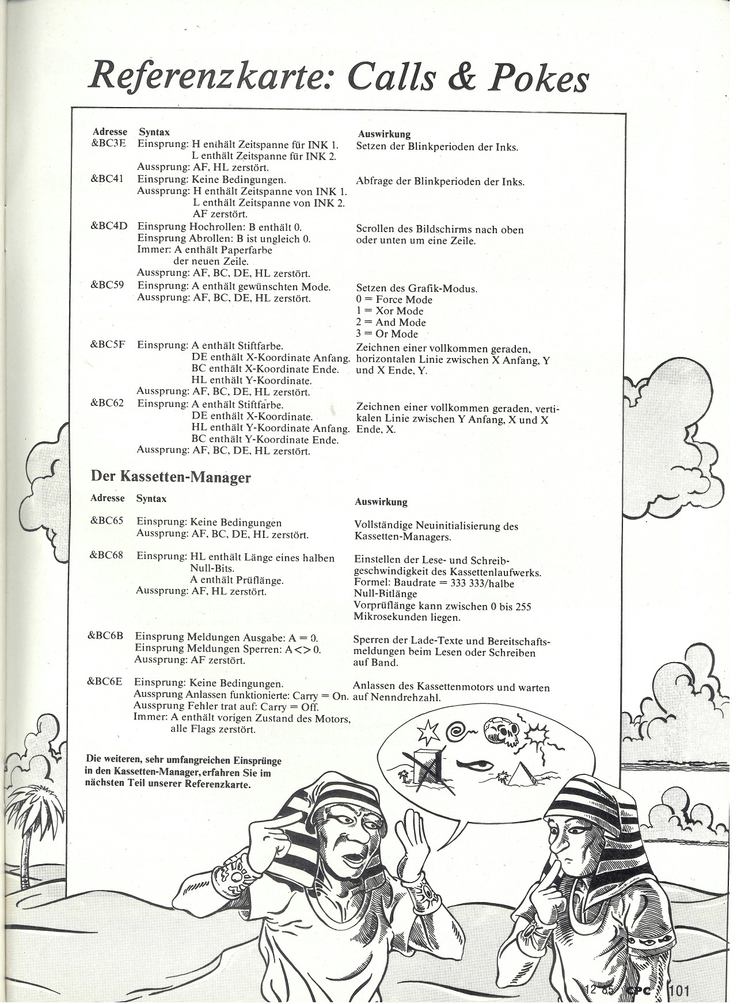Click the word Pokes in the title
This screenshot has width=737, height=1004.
pos(538,79)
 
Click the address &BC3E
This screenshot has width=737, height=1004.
pos(108,144)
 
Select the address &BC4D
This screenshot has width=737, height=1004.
pos(108,226)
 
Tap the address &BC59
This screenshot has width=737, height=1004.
pos(108,286)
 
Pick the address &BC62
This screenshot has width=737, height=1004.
pos(108,403)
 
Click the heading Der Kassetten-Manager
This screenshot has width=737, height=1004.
pos(170,477)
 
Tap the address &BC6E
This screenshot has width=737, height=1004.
pos(105,683)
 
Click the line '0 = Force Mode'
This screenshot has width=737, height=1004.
pos(394,299)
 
